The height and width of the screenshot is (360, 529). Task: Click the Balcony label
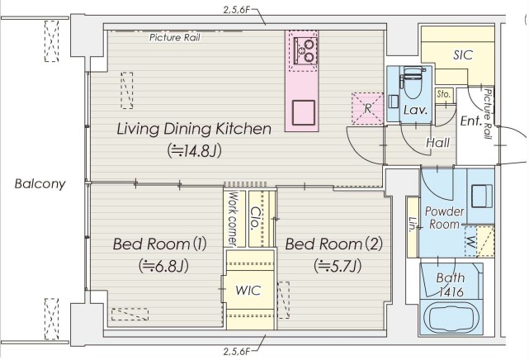tap(40, 184)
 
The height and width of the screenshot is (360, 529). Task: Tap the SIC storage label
tap(463, 55)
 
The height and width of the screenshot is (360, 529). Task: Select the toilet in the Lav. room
tap(413, 82)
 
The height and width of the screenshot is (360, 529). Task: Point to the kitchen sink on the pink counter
tap(304, 112)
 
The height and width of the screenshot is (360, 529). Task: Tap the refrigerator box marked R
tap(367, 108)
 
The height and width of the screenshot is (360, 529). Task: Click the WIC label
tap(248, 290)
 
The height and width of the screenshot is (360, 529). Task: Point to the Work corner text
tap(233, 218)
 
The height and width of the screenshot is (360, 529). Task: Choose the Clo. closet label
tap(257, 218)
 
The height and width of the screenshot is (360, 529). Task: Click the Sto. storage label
tap(443, 94)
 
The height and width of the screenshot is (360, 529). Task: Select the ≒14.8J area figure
tap(194, 151)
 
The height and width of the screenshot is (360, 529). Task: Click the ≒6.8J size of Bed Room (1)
tap(163, 266)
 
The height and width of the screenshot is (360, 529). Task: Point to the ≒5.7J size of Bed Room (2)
tap(338, 266)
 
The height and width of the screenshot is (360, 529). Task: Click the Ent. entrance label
tap(470, 121)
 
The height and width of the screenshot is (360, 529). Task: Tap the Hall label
tap(438, 143)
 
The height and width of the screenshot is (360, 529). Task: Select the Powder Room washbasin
tap(481, 196)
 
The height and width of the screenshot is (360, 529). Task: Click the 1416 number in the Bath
tap(451, 292)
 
